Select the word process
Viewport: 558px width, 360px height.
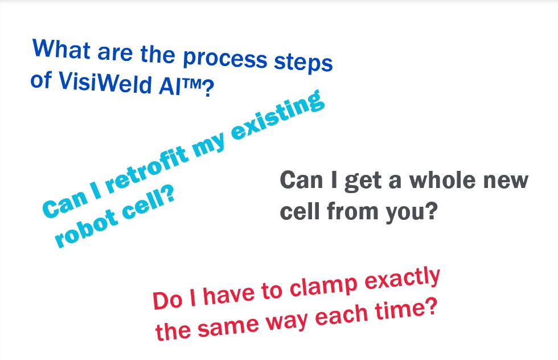(225, 59)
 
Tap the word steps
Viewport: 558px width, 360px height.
(303, 63)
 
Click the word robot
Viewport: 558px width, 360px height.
(86, 227)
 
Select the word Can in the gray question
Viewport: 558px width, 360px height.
(301, 180)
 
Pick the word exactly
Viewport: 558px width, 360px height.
(403, 279)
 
